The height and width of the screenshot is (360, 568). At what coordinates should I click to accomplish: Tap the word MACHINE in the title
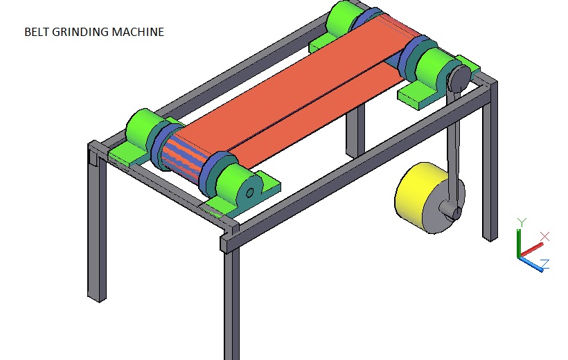(x=141, y=32)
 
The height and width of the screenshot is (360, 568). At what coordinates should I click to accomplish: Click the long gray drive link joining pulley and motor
(x=454, y=145)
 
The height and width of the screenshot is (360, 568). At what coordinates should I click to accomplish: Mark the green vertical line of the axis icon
(x=519, y=242)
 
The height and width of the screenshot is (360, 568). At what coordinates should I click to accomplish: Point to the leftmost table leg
(x=96, y=228)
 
